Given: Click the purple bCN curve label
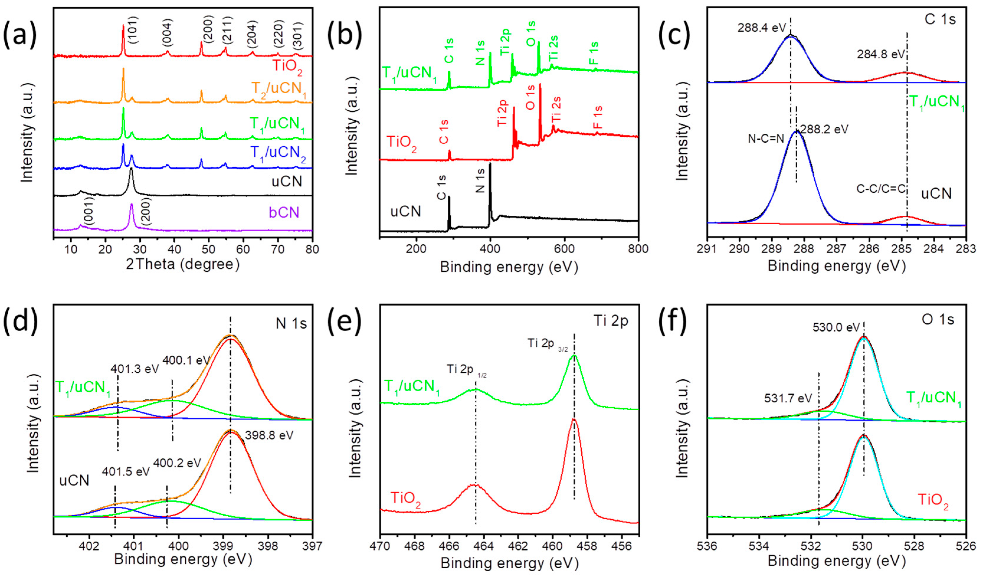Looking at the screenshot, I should [x=284, y=212].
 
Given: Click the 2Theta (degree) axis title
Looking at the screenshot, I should [x=183, y=265].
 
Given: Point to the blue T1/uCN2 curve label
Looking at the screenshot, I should [x=278, y=153].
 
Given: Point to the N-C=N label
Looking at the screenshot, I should [x=766, y=139].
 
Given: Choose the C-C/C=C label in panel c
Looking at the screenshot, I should [x=881, y=190].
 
